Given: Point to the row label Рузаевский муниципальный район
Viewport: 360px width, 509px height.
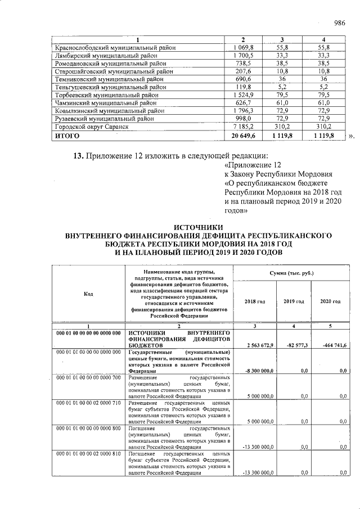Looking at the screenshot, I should (99, 119).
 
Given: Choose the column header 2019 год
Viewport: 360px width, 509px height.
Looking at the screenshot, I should (294, 301).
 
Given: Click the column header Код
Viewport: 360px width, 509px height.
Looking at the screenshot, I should (88, 294).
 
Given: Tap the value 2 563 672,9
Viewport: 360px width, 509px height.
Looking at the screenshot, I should (258, 344).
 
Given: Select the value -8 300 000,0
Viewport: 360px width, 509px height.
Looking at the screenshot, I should (258, 371).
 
